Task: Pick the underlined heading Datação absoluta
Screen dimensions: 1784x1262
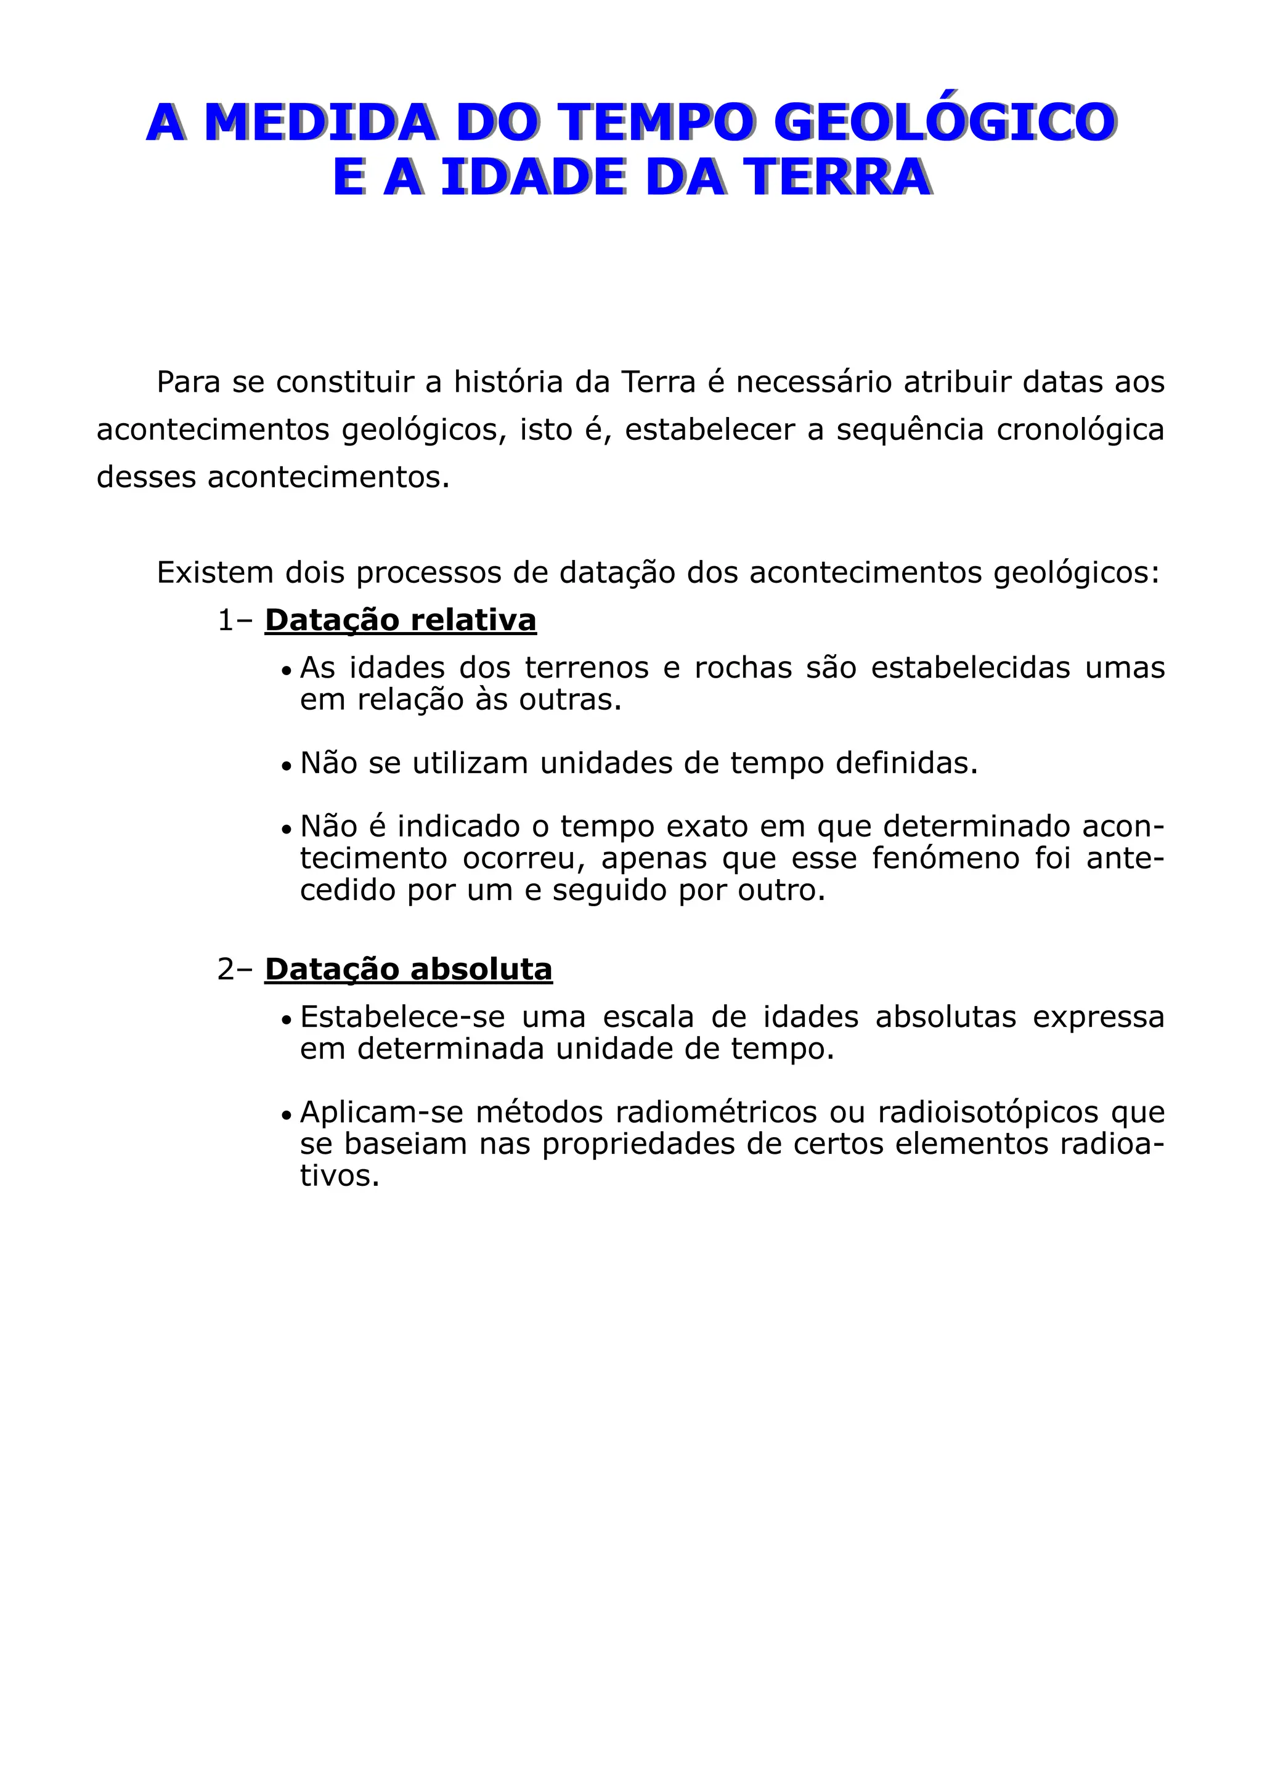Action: point(408,969)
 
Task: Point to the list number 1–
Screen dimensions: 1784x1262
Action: point(235,620)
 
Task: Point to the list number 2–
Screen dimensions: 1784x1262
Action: point(235,969)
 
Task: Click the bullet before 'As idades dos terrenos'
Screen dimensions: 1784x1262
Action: point(286,670)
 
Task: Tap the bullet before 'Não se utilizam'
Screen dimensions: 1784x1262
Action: point(286,765)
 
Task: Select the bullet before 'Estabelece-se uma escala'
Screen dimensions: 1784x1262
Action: point(286,1020)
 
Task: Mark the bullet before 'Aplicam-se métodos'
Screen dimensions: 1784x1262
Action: point(286,1115)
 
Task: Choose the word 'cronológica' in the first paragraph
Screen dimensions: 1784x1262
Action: point(1080,430)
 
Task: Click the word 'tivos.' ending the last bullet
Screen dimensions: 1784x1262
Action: point(340,1175)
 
